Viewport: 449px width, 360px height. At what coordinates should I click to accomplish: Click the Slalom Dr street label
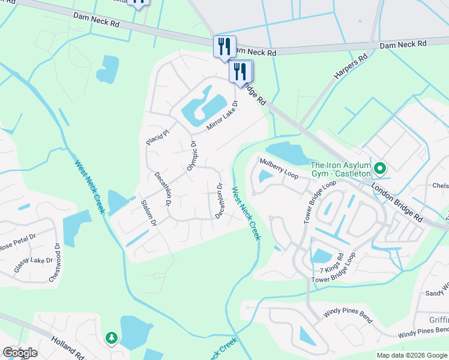(148, 213)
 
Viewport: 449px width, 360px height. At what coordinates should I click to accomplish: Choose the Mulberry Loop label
(279, 168)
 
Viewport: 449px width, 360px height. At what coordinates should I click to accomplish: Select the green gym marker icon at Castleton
(379, 167)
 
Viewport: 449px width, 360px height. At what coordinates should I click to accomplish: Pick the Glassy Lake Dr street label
(34, 262)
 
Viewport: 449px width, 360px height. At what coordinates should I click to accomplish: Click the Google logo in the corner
(19, 352)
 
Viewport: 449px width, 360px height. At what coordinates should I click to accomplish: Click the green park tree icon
(111, 338)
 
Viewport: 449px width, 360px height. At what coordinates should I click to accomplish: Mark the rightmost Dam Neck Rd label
(403, 44)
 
